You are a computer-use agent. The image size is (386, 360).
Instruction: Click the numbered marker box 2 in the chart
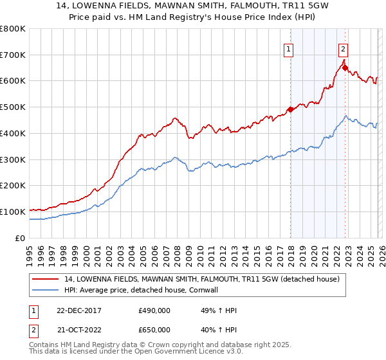tap(344, 48)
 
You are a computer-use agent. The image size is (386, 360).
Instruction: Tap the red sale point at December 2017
tap(290, 109)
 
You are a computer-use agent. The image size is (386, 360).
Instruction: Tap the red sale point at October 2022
tap(345, 67)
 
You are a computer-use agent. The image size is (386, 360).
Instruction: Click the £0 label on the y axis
tap(21, 238)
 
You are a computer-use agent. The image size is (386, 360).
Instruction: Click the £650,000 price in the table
tap(154, 330)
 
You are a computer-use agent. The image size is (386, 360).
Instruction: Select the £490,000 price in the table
tap(154, 310)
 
